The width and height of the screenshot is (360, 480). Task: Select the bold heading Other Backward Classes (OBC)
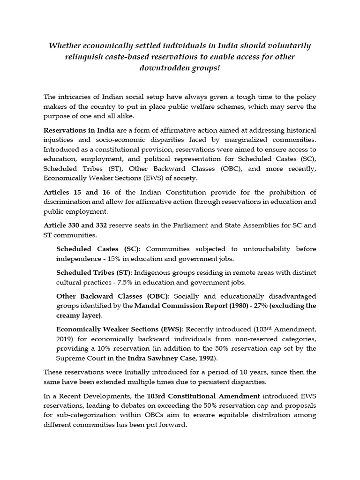pyautogui.click(x=112, y=296)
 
